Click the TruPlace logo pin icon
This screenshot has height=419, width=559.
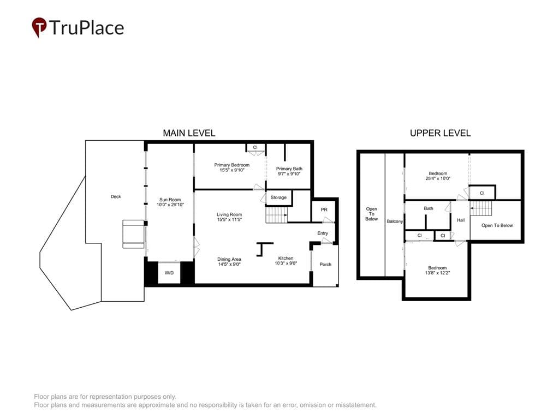pyautogui.click(x=39, y=27)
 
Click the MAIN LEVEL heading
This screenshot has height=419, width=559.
pyautogui.click(x=189, y=133)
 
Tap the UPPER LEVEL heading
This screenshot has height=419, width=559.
pyautogui.click(x=441, y=133)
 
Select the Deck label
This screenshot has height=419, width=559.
pyautogui.click(x=116, y=196)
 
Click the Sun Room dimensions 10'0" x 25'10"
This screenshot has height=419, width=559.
pyautogui.click(x=170, y=205)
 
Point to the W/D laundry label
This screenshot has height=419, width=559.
pyautogui.click(x=169, y=273)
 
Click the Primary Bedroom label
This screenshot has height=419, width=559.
pyautogui.click(x=231, y=165)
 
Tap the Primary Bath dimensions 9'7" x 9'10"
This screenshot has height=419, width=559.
pyautogui.click(x=289, y=174)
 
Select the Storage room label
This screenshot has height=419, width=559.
pyautogui.click(x=278, y=197)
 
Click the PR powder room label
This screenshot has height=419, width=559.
pyautogui.click(x=324, y=210)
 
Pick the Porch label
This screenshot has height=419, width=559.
pyautogui.click(x=325, y=265)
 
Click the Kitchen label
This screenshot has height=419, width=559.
pyautogui.click(x=286, y=258)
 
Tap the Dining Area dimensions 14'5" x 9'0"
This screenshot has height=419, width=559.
pyautogui.click(x=229, y=265)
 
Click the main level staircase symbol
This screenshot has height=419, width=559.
pyautogui.click(x=277, y=216)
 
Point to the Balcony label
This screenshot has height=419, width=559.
pyautogui.click(x=395, y=222)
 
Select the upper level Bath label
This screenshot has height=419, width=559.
pyautogui.click(x=429, y=208)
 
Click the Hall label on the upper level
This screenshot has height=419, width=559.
pyautogui.click(x=461, y=220)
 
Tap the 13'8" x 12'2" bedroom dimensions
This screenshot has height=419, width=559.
pyautogui.click(x=437, y=273)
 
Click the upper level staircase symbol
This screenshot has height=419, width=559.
pyautogui.click(x=481, y=208)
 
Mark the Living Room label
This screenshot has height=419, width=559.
pyautogui.click(x=229, y=214)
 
